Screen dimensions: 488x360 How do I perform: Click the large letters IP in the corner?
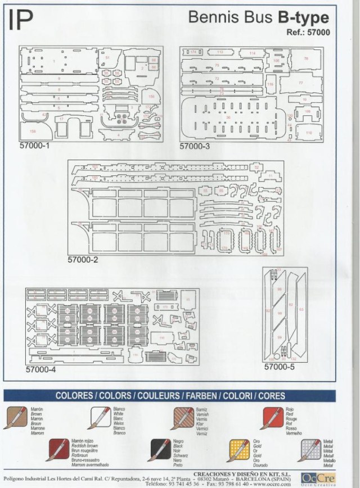tap(21, 21)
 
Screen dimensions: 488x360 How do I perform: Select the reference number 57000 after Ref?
tap(318, 33)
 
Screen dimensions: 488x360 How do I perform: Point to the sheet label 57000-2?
tap(83, 260)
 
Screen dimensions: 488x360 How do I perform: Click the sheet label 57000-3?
tap(195, 147)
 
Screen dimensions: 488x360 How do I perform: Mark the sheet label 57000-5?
tap(280, 366)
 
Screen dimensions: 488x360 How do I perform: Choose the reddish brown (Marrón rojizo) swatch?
tap(59, 450)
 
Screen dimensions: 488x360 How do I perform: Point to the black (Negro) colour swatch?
tap(160, 450)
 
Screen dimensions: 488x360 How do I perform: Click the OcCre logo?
tap(318, 478)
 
